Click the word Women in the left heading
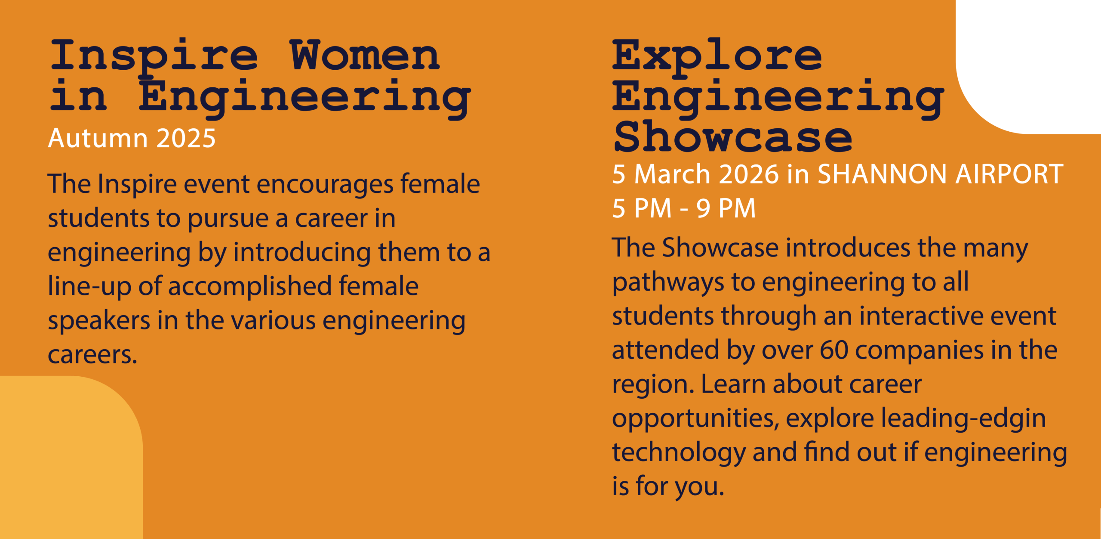(x=365, y=55)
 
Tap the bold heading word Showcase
(x=733, y=136)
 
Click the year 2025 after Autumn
(x=186, y=138)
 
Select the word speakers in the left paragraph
(x=99, y=321)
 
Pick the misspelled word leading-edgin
(x=963, y=419)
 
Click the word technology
(x=679, y=453)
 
